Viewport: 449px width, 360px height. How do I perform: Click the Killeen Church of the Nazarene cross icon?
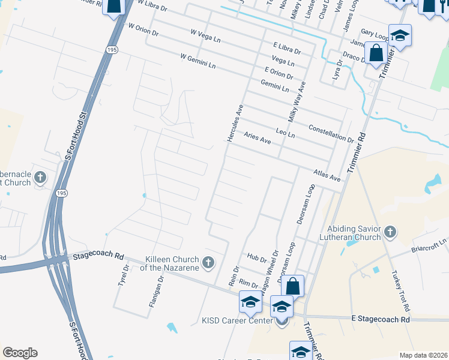coord(208,262)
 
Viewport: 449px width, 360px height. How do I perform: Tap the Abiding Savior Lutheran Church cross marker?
coord(390,232)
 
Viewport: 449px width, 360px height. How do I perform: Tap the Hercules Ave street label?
coord(235,123)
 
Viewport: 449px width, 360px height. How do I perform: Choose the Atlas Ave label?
coord(327,175)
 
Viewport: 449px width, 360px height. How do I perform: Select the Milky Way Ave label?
coord(297,103)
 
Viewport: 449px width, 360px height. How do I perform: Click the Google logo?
coord(20,353)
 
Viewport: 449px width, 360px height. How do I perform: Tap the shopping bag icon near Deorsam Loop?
coord(293,286)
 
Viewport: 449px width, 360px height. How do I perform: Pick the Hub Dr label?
coord(256,259)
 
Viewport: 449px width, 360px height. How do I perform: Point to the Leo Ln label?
coord(285,131)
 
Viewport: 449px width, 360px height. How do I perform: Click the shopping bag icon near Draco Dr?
coord(376,52)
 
